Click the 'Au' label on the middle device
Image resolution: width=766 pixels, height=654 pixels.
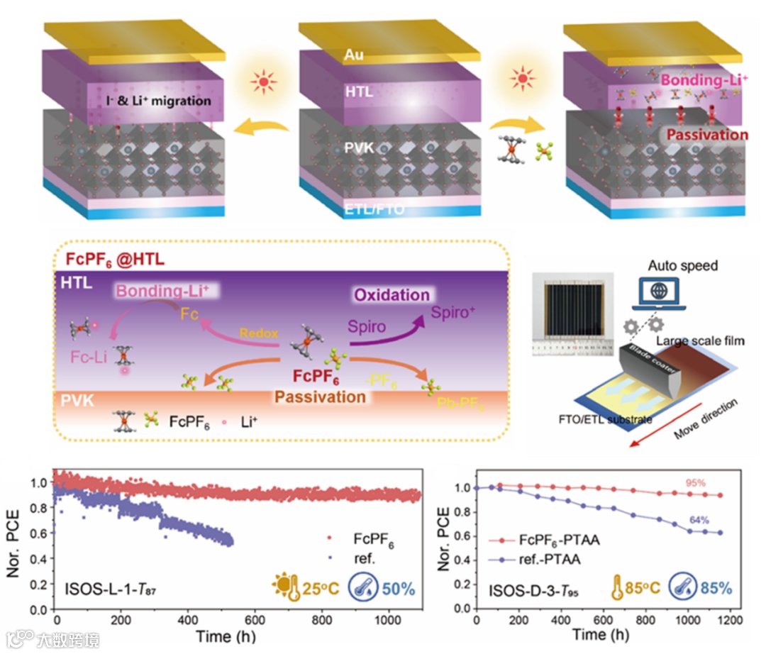[x=353, y=54]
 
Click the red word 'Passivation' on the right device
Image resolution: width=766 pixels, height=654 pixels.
[x=706, y=135]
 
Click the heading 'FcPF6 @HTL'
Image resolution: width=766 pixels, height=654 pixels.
[x=114, y=260]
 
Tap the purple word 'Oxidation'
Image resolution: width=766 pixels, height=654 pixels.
[x=392, y=294]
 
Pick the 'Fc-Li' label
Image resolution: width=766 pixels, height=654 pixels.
[x=88, y=358]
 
